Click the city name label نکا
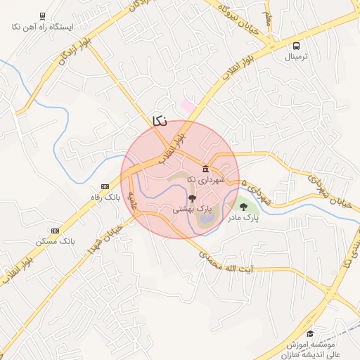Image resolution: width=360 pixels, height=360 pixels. click(x=160, y=120)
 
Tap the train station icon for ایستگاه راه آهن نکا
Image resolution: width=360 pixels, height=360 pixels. click(x=42, y=15)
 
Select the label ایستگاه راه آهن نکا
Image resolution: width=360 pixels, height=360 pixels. click(x=43, y=27)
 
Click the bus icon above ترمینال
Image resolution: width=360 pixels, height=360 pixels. click(x=297, y=46)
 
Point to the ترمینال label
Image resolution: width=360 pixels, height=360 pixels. click(x=297, y=58)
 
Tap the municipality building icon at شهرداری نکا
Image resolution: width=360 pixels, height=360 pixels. click(x=205, y=169)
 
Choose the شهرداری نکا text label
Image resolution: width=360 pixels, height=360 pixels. click(x=205, y=180)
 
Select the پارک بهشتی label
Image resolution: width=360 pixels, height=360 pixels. click(x=193, y=210)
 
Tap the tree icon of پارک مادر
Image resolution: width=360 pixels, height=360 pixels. click(x=244, y=207)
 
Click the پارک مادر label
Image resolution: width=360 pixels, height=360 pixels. click(x=243, y=218)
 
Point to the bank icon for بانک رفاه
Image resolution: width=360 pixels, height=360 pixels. click(x=105, y=186)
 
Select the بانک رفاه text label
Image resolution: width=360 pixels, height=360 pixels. click(x=105, y=198)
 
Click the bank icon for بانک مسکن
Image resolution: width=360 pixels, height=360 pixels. click(x=56, y=230)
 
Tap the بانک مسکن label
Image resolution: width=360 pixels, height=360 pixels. click(x=56, y=241)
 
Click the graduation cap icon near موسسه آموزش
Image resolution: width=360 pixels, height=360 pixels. click(x=311, y=333)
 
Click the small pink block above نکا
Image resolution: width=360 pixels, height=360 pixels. click(x=187, y=105)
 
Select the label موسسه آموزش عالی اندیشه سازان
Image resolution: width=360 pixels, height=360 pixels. click(x=310, y=349)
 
